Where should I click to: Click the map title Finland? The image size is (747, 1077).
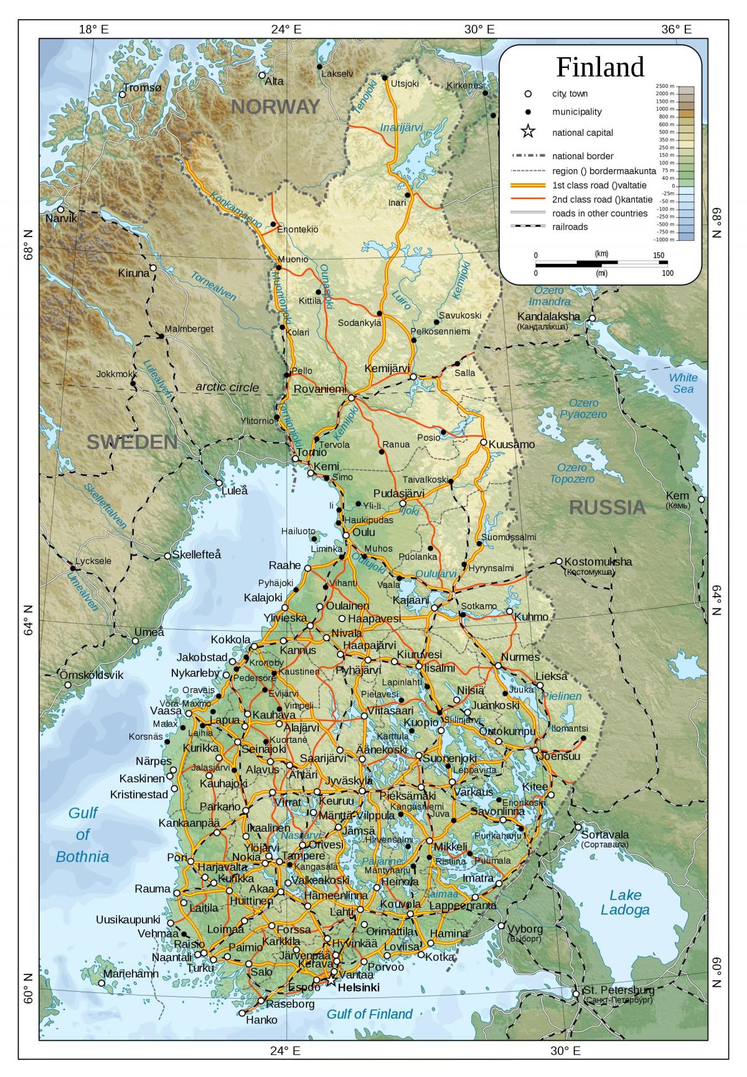(599, 67)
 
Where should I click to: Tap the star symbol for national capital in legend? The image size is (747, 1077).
(528, 132)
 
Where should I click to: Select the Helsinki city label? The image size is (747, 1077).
(358, 987)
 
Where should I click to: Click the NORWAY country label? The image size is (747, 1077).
(275, 107)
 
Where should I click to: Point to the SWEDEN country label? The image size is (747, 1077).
(132, 442)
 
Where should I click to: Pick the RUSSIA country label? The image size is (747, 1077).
(607, 508)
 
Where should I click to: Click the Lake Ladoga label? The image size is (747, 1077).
(624, 902)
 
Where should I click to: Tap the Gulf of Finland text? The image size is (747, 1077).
(370, 1014)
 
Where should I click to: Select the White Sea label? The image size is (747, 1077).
(683, 383)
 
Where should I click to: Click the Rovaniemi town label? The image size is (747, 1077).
(319, 389)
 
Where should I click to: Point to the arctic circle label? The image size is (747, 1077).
(227, 387)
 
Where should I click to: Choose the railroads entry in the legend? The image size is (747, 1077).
(570, 226)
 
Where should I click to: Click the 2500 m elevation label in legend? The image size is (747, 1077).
(665, 86)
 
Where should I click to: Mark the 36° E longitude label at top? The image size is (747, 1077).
(676, 29)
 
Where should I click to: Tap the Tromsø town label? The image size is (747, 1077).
(143, 88)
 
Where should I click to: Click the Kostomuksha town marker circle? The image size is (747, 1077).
(559, 561)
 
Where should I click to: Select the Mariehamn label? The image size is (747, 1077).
(131, 974)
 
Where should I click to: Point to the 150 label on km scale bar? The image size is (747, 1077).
(659, 255)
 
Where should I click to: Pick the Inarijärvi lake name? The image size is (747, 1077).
(402, 128)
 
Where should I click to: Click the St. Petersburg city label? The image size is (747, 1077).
(618, 990)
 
